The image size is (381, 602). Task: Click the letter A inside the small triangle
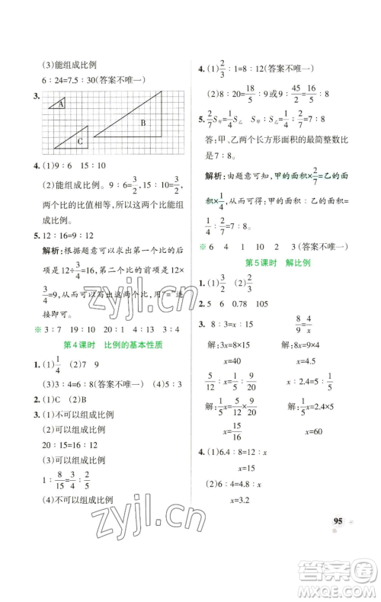(x=61, y=105)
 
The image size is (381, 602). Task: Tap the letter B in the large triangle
(x=142, y=122)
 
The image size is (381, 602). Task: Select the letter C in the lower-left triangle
(x=78, y=140)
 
